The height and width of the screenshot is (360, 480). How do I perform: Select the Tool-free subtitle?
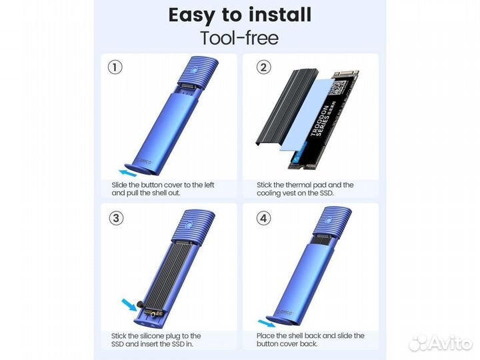pyautogui.click(x=240, y=37)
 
